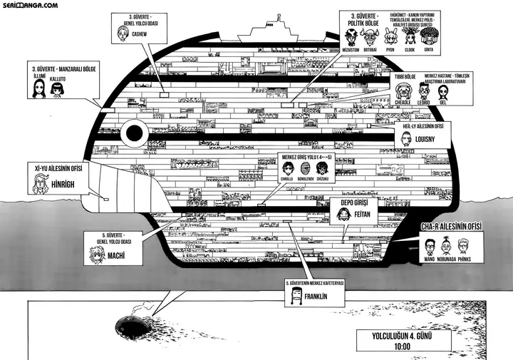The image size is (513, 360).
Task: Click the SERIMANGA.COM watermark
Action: pos(30,5)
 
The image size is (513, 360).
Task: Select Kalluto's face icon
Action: pos(57,88)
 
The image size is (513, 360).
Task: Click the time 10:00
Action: pos(403,346)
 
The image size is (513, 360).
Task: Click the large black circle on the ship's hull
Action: pos(133,133)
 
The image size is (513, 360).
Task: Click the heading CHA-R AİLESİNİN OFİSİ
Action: pos(452,227)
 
